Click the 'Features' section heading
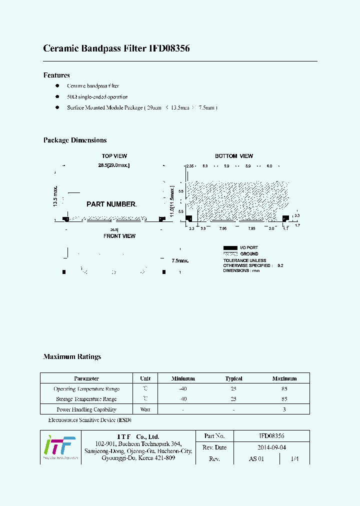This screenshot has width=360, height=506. [x=56, y=75]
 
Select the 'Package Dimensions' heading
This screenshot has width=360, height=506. [x=75, y=140]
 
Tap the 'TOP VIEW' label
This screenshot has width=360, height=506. [x=114, y=156]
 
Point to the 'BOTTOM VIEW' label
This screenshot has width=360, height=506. [x=234, y=156]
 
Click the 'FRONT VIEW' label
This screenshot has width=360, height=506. [x=119, y=236]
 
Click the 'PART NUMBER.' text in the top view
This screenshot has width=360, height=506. [x=111, y=204]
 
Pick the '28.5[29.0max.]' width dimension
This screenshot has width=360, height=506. [x=114, y=165]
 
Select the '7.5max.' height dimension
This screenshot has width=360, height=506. [x=180, y=260]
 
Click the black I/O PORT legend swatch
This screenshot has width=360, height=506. [x=230, y=247]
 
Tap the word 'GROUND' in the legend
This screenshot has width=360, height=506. [x=249, y=254]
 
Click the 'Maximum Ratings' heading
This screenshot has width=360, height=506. [x=72, y=357]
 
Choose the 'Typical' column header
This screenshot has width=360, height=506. [x=234, y=378]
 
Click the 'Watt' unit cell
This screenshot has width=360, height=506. [x=145, y=409]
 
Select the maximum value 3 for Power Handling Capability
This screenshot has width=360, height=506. [x=284, y=409]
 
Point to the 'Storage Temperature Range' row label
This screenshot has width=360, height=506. [x=86, y=399]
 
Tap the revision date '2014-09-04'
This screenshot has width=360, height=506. [x=271, y=447]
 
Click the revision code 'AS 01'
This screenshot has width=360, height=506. [x=256, y=458]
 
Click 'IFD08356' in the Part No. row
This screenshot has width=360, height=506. [x=271, y=436]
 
